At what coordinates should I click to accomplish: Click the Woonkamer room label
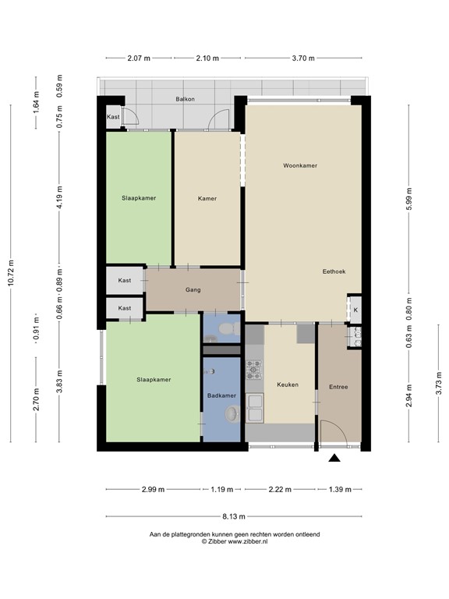click(x=300, y=165)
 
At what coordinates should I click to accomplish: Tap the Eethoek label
click(x=334, y=271)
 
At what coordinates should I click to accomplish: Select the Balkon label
click(x=185, y=100)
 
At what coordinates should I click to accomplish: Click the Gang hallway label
click(x=193, y=290)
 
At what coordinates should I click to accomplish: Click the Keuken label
click(x=288, y=385)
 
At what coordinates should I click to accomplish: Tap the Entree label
click(x=338, y=387)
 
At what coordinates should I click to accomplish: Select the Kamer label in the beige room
click(x=207, y=198)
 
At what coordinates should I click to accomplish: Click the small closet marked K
click(x=355, y=310)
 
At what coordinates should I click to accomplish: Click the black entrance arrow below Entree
click(x=334, y=459)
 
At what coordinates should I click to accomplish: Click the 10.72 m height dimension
click(x=11, y=273)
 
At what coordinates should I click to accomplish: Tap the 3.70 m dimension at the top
click(x=302, y=58)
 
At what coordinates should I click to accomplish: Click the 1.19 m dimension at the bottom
click(x=222, y=490)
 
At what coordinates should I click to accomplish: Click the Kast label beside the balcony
click(x=113, y=118)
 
